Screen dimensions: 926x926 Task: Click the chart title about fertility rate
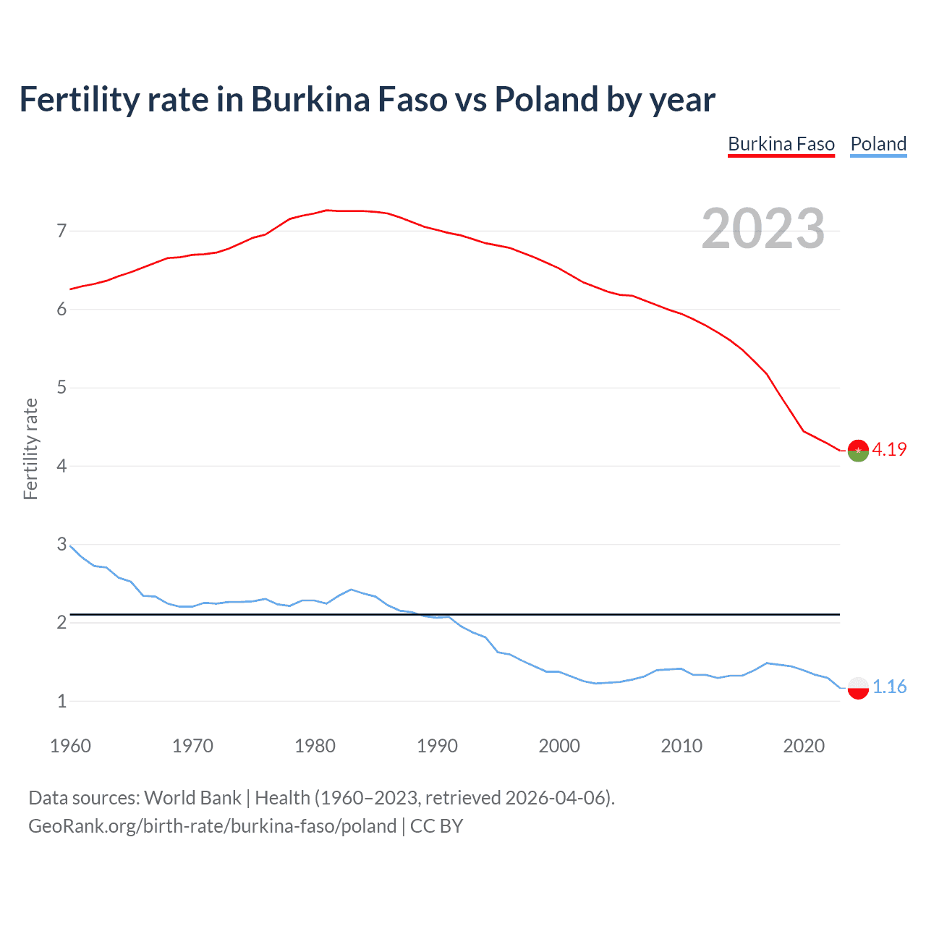coord(367,100)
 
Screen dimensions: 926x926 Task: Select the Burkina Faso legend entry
coord(781,144)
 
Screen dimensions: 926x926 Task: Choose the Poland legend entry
coord(878,144)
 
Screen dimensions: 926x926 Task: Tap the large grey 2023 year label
coord(763,229)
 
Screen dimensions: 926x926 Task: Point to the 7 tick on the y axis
coord(61,231)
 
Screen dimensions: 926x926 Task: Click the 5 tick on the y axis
coord(61,388)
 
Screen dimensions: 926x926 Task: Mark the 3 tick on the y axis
coord(61,544)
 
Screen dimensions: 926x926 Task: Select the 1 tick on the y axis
coord(61,701)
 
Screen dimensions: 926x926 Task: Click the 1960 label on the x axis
coord(70,746)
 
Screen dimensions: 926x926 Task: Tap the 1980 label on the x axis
coord(315,746)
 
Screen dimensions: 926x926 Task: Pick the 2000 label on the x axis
coord(559,746)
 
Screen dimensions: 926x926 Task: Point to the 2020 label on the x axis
coord(804,746)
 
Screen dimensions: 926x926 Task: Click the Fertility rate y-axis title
coord(30,449)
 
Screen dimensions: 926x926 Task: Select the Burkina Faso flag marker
coord(858,450)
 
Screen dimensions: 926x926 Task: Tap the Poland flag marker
coord(858,687)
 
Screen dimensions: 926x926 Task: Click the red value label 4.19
coord(889,449)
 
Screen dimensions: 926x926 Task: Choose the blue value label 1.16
coord(889,687)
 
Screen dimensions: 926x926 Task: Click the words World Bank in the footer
coord(192,798)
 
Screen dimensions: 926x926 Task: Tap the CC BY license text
coord(436,826)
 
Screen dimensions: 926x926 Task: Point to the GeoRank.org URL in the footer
coord(212,826)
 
